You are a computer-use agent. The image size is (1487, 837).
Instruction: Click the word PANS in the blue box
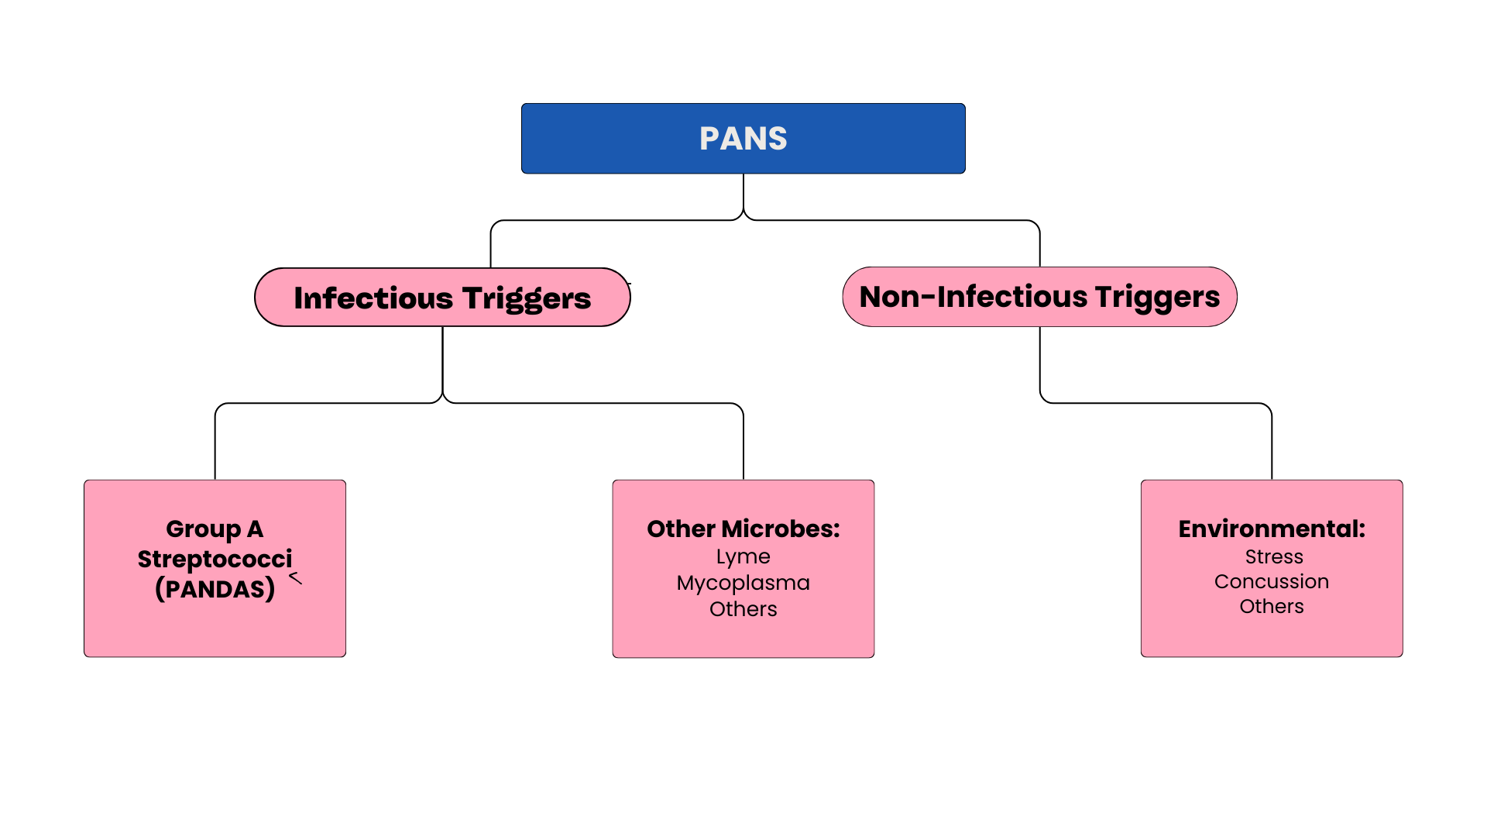click(x=743, y=139)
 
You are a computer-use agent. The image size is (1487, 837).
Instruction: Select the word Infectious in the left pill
click(x=373, y=298)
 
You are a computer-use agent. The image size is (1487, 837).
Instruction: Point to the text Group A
click(x=215, y=529)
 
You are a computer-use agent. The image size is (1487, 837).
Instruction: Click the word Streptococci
click(x=215, y=560)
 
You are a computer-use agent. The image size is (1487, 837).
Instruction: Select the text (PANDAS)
click(x=215, y=589)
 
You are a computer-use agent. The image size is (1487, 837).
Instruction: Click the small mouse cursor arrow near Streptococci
click(x=295, y=577)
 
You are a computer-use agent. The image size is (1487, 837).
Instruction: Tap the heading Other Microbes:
click(x=743, y=529)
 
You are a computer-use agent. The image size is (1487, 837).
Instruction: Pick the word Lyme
click(x=743, y=557)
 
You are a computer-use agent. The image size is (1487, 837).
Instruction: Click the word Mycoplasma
click(x=743, y=583)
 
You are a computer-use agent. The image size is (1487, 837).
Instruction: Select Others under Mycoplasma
click(x=743, y=609)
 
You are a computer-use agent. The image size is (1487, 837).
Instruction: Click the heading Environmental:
click(x=1271, y=529)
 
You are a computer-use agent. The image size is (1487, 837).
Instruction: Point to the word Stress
click(x=1273, y=557)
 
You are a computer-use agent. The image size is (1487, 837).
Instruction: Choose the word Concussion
click(x=1271, y=582)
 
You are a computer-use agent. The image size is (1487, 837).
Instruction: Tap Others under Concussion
click(x=1271, y=607)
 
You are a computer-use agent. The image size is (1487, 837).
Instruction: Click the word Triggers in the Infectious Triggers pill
click(x=527, y=298)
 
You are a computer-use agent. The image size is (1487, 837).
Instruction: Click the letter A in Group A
click(x=255, y=529)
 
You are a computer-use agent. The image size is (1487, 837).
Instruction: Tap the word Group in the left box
click(x=203, y=529)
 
